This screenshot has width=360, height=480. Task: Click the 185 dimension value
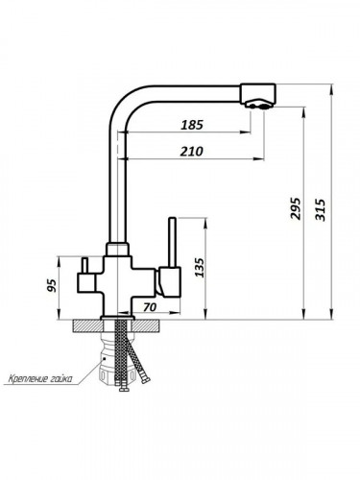click(192, 125)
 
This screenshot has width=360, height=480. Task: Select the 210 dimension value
click(191, 152)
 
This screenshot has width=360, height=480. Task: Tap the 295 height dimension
click(296, 208)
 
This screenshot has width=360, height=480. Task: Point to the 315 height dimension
click(320, 209)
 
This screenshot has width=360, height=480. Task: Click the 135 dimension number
click(199, 267)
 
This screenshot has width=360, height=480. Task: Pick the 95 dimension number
click(52, 285)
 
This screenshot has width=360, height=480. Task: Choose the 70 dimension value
click(150, 307)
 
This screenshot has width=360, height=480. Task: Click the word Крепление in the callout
click(29, 379)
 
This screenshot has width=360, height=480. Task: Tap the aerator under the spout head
click(259, 105)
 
